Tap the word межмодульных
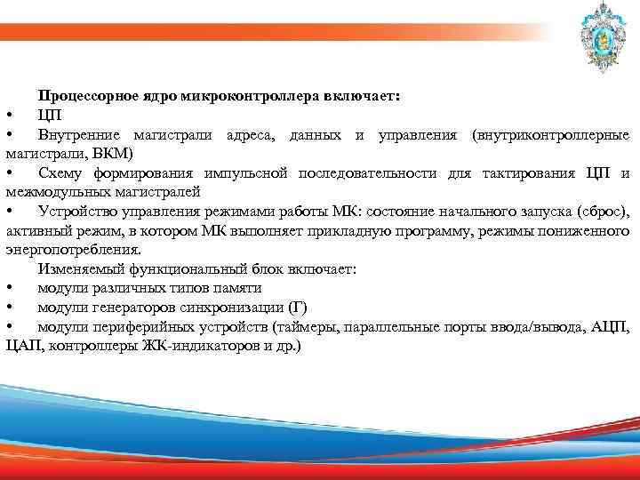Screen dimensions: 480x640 pyautogui.click(x=52, y=191)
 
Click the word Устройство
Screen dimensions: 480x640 pyautogui.click(x=77, y=211)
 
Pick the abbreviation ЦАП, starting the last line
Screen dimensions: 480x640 pyautogui.click(x=24, y=346)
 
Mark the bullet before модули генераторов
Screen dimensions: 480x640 pyautogui.click(x=8, y=308)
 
